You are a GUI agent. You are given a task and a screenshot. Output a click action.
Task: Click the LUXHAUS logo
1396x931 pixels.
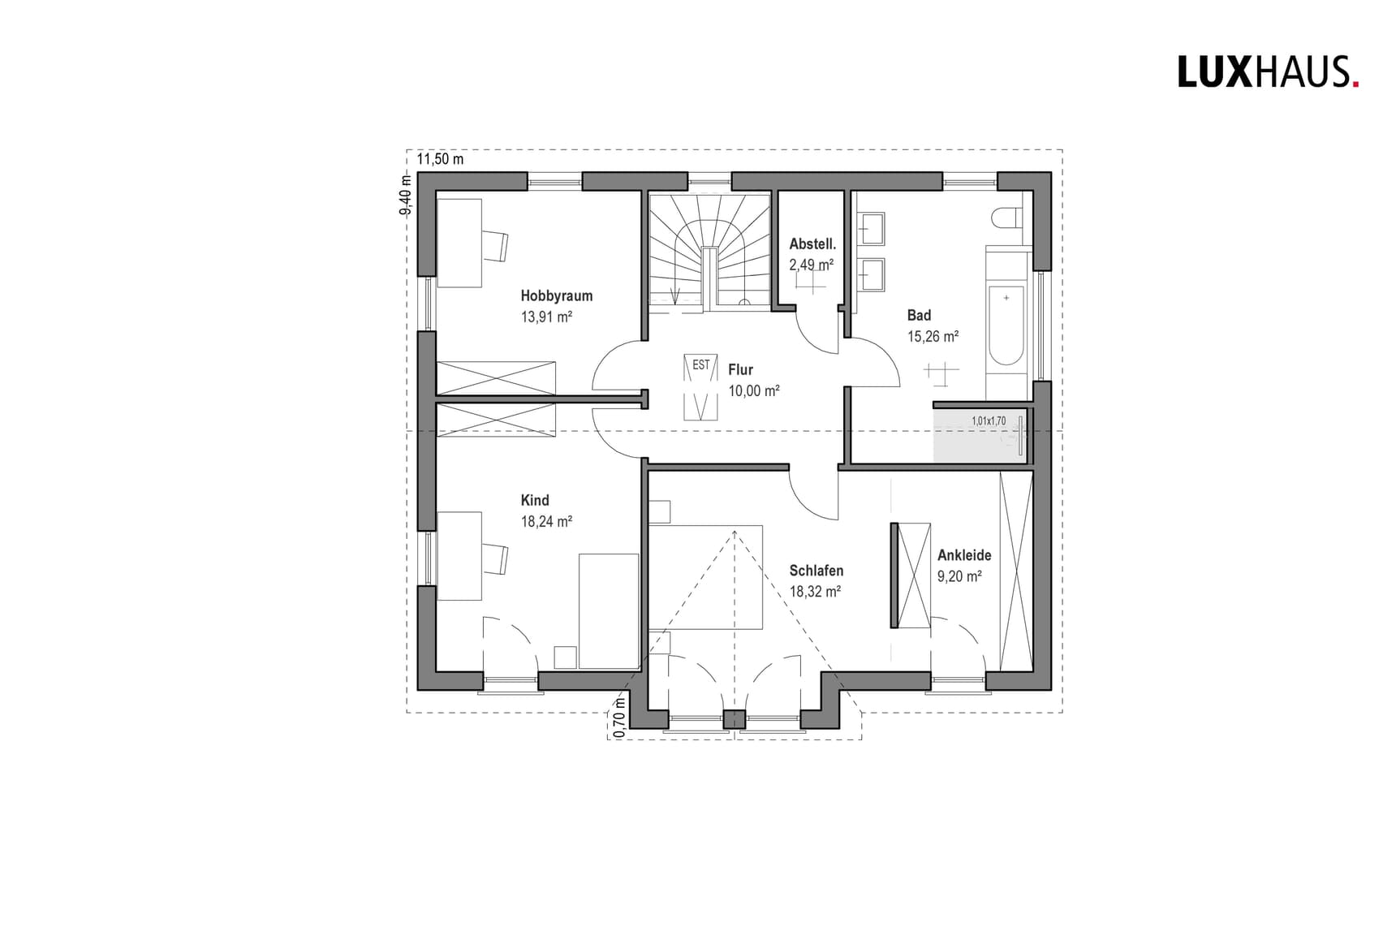tap(1267, 72)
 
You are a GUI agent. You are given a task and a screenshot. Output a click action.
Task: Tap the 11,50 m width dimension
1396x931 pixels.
tap(440, 159)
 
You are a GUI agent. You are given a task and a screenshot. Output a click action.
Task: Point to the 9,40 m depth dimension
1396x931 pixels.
tap(405, 195)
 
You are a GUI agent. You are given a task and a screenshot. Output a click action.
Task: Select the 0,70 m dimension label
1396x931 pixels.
tap(620, 717)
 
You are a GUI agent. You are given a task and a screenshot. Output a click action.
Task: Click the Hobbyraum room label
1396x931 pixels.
tap(556, 296)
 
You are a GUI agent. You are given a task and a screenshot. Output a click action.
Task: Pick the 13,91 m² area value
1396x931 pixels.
tap(546, 317)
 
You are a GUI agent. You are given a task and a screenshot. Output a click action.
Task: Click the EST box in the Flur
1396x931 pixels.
tap(700, 365)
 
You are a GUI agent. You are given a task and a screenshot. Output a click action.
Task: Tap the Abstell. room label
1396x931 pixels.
tap(812, 244)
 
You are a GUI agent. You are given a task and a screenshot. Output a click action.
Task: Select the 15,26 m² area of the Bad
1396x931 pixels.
tap(933, 336)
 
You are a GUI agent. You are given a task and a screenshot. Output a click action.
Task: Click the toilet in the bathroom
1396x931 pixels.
tap(1006, 218)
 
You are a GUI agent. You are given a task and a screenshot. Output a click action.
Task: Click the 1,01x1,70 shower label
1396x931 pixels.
tap(988, 421)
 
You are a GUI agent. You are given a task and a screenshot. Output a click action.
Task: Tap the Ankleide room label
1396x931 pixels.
tap(963, 556)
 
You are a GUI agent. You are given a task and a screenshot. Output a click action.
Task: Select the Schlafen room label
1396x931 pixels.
tap(816, 571)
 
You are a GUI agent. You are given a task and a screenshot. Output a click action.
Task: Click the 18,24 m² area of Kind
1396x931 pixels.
tap(546, 522)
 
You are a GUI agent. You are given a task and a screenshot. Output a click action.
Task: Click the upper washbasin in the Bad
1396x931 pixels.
tap(872, 228)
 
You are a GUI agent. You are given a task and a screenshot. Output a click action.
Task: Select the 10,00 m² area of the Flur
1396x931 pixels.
tap(753, 391)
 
